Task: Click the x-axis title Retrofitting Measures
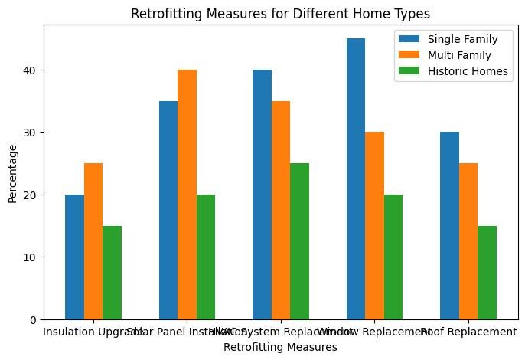[280, 347]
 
